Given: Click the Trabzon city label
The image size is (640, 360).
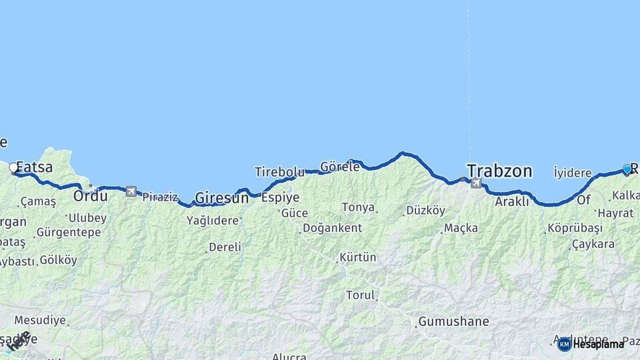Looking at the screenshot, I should (499, 171).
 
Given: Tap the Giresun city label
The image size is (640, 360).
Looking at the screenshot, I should (221, 197).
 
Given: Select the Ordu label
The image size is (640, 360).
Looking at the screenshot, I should (90, 196).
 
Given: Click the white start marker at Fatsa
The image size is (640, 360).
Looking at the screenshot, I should (13, 168).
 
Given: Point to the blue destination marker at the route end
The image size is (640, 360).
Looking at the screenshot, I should (627, 169).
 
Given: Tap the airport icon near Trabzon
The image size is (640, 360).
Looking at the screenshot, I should (475, 183).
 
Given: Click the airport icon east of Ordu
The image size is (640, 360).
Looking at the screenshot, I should (131, 191).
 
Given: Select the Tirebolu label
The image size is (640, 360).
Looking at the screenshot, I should (279, 172).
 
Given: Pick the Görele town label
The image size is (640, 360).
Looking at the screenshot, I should (339, 167).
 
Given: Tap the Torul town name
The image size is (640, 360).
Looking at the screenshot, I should (360, 295).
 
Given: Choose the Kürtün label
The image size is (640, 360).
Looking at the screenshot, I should (359, 257).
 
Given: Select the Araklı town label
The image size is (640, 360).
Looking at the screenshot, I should (512, 201).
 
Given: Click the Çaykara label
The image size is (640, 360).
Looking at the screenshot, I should (593, 245).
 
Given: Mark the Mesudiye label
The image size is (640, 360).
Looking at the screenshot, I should (40, 320).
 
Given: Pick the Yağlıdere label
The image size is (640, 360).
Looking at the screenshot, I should (213, 220).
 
